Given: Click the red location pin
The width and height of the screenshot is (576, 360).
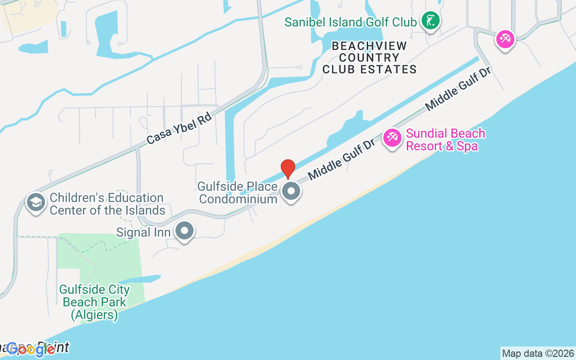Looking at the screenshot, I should pos(288,169).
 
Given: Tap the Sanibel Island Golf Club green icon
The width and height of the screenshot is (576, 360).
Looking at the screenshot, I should pos(431,20).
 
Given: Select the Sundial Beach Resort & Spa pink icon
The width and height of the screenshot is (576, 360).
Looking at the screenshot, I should pos(392,138).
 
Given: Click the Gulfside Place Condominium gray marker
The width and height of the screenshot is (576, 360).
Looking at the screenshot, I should pos(291,191).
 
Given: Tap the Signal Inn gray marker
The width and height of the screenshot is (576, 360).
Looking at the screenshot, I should pos(184,231).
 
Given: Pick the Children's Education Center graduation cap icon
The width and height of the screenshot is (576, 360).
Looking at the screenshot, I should pos(36,202).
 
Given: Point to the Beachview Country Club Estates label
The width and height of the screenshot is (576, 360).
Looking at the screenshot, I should pos(369,58).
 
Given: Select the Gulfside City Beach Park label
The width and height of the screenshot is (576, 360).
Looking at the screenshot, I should pos(94,296).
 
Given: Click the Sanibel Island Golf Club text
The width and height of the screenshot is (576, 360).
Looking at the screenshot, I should pos(350,22).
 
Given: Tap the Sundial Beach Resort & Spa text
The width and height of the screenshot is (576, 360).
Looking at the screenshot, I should pos(445,139).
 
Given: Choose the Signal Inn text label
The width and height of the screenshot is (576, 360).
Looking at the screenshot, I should pos(143,232).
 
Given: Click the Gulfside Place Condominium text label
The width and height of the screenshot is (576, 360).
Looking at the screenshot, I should pos(238,193).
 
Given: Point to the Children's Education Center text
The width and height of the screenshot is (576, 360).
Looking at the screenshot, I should pos(107,204).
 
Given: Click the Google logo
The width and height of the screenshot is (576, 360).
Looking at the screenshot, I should pos(31,349).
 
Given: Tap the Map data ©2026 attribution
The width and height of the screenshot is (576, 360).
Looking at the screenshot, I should pos(538,353).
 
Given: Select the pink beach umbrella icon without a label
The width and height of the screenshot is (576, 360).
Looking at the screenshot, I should pos(505,39).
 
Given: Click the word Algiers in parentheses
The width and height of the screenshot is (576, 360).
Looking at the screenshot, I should pos(94,315).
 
